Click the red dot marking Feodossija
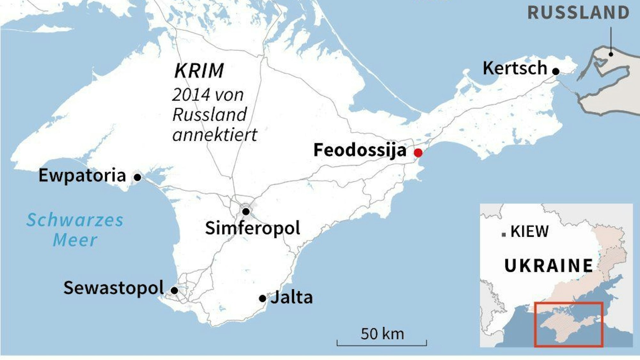click(x=418, y=153)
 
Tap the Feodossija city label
click(x=360, y=150)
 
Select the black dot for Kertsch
click(x=556, y=71)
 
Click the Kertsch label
click(x=515, y=68)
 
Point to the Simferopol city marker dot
click(x=246, y=212)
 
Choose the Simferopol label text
click(x=252, y=228)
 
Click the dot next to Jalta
click(x=262, y=299)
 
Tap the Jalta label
click(x=292, y=298)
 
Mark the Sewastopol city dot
click(x=174, y=291)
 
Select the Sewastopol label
click(x=114, y=288)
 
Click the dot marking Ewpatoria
click(x=137, y=177)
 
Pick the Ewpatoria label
click(x=82, y=176)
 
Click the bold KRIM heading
click(x=199, y=71)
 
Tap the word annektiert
click(x=215, y=135)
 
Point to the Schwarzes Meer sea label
click(x=75, y=230)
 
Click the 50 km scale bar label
click(x=382, y=334)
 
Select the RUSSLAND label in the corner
click(x=578, y=13)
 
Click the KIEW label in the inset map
click(x=529, y=232)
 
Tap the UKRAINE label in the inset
click(x=548, y=266)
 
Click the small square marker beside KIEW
click(x=504, y=235)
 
